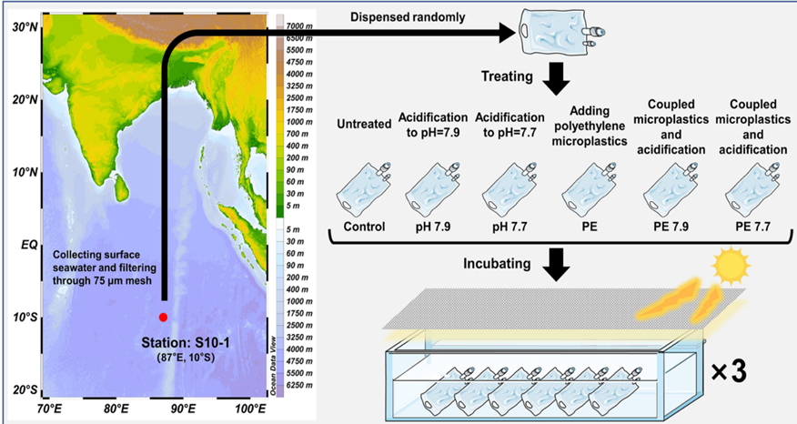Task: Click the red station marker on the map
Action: pyautogui.click(x=163, y=318)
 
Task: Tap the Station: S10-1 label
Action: pyautogui.click(x=186, y=343)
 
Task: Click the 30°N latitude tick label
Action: pyautogui.click(x=25, y=27)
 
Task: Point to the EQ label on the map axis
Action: pyautogui.click(x=29, y=245)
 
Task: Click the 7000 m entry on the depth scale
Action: pyautogui.click(x=299, y=25)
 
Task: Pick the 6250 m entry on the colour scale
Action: pyautogui.click(x=299, y=385)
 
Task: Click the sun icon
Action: pyautogui.click(x=731, y=264)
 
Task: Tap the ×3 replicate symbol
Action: pyautogui.click(x=729, y=371)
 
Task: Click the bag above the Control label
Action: pyautogui.click(x=363, y=188)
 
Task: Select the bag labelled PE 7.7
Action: pyautogui.click(x=752, y=189)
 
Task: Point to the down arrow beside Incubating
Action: pyautogui.click(x=557, y=265)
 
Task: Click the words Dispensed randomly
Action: pyautogui.click(x=408, y=17)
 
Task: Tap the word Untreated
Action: pyautogui.click(x=364, y=124)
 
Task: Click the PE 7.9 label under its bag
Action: pyautogui.click(x=671, y=227)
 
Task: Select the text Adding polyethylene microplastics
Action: pyautogui.click(x=590, y=126)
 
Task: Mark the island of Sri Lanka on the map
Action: pyautogui.click(x=121, y=188)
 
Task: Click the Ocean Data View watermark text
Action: pyautogui.click(x=273, y=366)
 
